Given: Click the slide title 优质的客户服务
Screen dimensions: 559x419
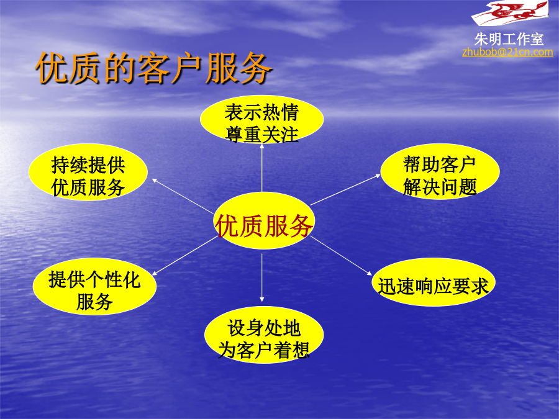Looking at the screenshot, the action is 153,68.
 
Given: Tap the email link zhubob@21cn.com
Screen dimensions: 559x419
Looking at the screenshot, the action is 507,52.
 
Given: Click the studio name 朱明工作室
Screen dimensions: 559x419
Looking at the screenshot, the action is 509,39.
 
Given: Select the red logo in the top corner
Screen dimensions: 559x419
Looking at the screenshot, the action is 510,12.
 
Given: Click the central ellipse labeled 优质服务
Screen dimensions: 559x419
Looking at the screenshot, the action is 264,220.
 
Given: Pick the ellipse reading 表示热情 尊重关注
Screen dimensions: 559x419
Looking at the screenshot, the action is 261,120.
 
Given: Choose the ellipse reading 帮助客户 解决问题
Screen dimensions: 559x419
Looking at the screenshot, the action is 440,172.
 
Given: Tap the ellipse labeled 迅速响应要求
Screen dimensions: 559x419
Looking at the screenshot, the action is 433,282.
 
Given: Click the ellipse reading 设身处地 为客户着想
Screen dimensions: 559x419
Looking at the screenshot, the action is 264,335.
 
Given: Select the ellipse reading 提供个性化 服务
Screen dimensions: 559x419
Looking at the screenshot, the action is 94,286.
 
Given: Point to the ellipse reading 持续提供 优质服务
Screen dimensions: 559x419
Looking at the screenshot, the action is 88,172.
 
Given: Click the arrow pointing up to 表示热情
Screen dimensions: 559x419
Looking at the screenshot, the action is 262,168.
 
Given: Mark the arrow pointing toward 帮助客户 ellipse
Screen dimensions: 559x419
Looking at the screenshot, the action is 345,189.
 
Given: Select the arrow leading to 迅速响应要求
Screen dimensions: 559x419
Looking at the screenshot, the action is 341,256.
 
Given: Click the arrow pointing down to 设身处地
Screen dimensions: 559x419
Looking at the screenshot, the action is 262,277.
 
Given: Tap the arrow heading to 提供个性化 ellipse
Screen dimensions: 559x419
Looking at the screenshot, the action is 184,256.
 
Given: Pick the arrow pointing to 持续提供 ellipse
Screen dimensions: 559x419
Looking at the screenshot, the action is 183,196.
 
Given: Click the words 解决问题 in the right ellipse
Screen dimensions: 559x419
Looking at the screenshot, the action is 440,187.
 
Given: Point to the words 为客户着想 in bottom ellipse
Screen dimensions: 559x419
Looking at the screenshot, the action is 264,350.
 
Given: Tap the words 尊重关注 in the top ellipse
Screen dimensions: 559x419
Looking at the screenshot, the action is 261,135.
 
